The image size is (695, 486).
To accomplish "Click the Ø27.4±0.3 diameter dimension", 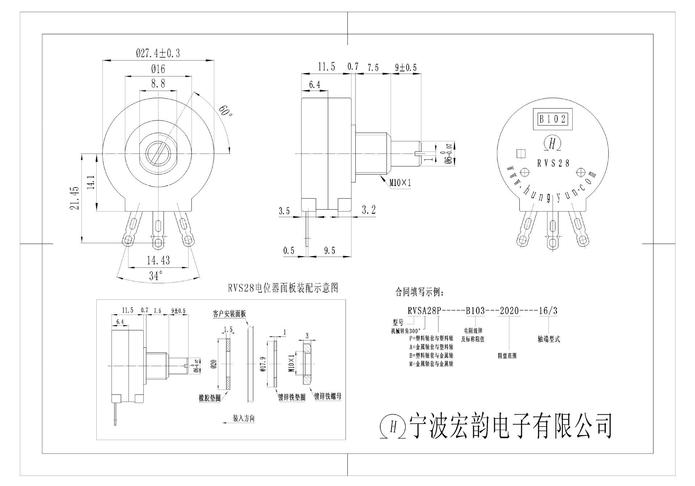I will point(158,54).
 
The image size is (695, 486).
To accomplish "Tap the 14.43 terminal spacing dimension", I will point(158,260).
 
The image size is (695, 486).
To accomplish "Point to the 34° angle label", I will point(156,276).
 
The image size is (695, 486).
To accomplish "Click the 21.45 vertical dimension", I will point(75,198).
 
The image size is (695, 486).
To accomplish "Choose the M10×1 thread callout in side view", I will point(400,183).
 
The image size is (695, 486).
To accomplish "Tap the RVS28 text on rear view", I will point(553,163).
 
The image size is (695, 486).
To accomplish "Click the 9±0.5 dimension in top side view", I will point(406,68).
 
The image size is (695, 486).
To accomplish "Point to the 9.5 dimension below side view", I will point(329,251).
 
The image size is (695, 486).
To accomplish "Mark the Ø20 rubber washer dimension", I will point(213,363).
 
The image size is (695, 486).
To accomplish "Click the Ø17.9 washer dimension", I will point(263,364).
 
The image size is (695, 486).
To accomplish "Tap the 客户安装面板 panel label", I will point(229,314).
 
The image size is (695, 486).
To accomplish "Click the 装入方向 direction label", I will point(244,419).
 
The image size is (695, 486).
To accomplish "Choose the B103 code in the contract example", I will point(475,311).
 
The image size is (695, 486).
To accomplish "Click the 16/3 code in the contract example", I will point(548,311).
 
